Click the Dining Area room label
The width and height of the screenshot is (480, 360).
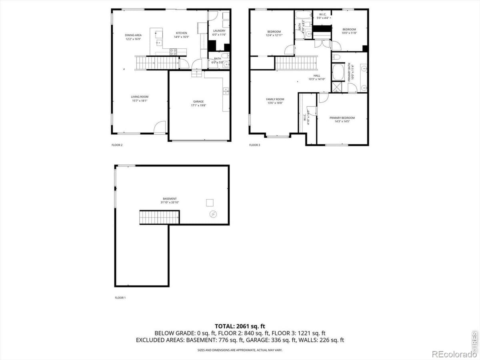point(133,35)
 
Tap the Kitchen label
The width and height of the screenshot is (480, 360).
point(181,33)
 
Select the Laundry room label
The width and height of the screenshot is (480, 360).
point(219,31)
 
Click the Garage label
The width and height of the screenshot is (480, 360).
point(198,102)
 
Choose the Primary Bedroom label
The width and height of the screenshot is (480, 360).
point(342,118)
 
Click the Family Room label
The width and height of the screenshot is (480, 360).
point(275,99)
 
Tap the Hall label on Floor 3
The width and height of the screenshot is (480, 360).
point(317,76)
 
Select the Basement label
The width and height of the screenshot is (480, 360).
point(170,199)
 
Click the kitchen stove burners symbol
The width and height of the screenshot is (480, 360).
point(174,52)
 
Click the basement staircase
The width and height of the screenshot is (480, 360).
point(159,218)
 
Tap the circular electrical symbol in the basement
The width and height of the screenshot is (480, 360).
point(213,214)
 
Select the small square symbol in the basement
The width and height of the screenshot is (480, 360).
point(210,203)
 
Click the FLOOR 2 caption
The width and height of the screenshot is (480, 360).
point(117,145)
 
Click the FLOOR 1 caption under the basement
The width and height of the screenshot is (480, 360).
point(120,298)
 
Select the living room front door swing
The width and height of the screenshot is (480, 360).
point(160,127)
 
